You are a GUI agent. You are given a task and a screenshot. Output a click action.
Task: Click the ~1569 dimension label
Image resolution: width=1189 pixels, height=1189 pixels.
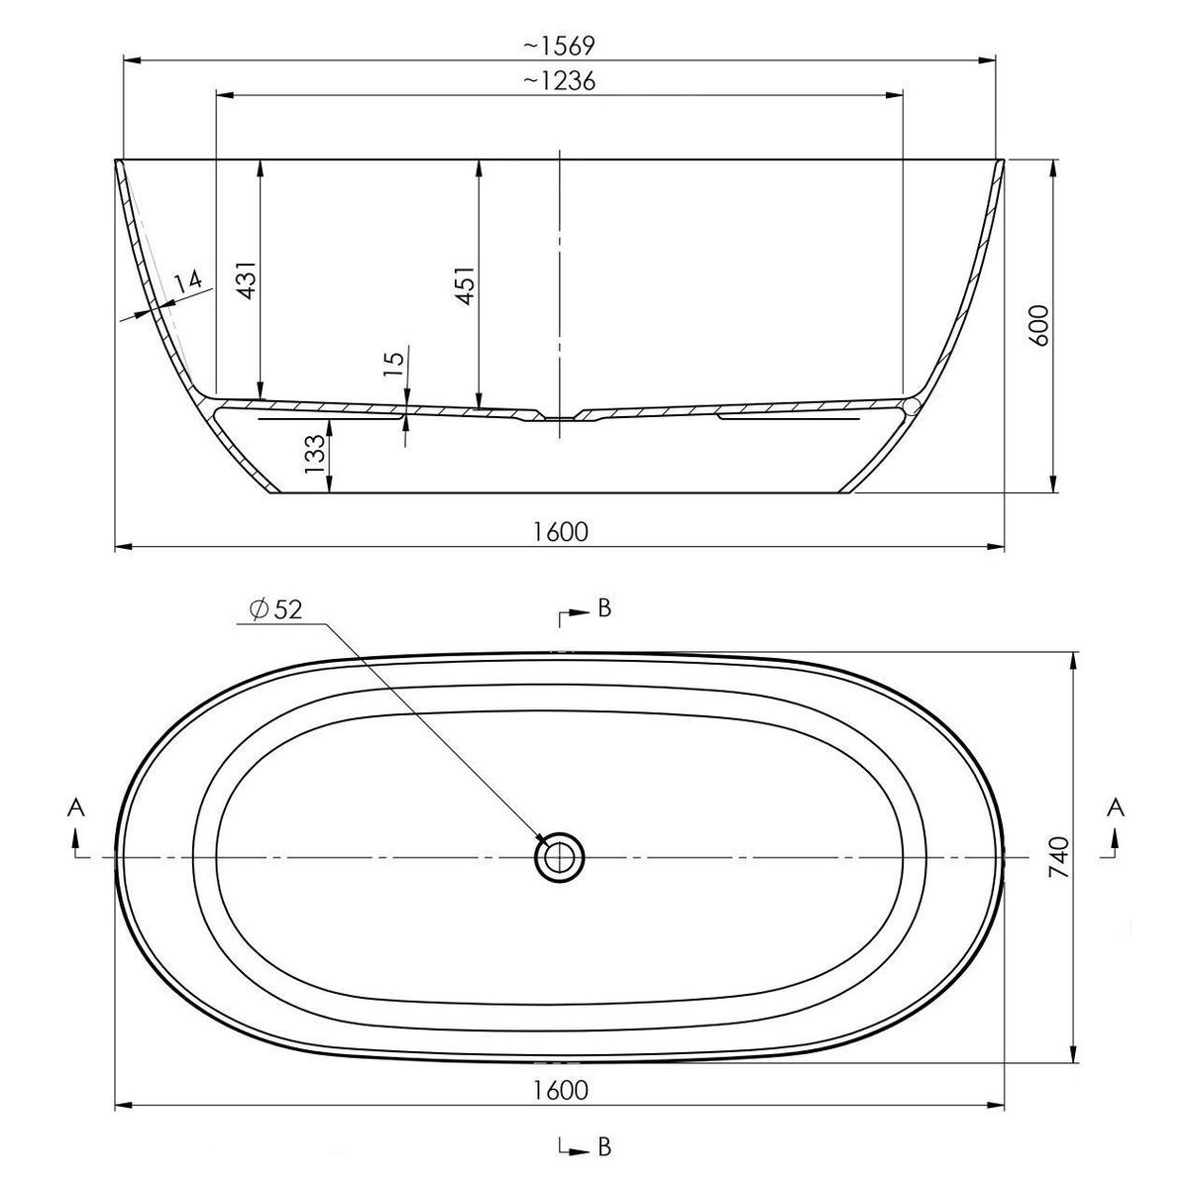coord(559,46)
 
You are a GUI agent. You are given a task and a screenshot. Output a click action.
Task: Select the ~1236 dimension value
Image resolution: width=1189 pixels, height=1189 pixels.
coord(559,81)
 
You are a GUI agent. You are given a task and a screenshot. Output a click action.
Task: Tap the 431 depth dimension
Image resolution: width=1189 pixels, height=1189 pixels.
coord(247,279)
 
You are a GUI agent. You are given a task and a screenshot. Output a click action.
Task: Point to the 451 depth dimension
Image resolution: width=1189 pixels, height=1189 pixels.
coord(466,284)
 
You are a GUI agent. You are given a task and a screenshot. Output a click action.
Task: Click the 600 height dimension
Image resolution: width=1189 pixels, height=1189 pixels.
coord(1039,325)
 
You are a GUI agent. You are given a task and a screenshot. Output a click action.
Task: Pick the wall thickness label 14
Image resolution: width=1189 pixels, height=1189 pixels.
coord(187,282)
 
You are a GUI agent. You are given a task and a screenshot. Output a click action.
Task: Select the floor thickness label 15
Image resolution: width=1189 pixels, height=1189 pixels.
coord(393,363)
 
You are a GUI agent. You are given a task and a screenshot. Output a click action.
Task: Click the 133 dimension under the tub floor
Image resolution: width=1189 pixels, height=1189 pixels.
coord(315,454)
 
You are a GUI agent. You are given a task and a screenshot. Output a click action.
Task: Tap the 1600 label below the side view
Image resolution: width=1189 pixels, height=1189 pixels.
coord(560,531)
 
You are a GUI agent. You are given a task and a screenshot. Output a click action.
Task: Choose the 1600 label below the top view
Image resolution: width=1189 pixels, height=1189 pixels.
coord(560,1090)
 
